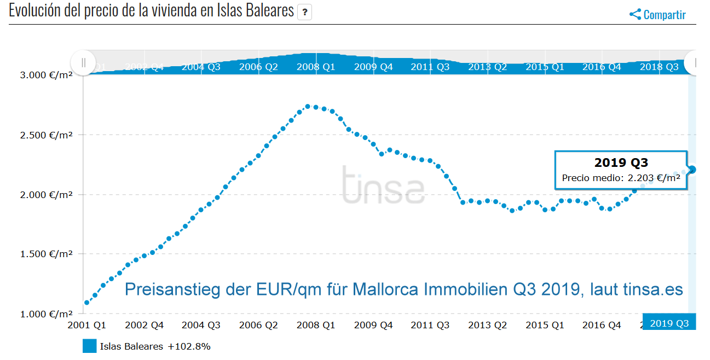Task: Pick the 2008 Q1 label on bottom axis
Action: point(316,325)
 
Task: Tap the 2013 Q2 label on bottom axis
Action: point(487,325)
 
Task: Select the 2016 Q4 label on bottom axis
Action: point(602,325)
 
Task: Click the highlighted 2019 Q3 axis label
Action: point(669,323)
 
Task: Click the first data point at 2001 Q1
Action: point(86,303)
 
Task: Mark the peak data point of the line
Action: point(308,106)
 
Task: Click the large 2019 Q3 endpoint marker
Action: point(692,170)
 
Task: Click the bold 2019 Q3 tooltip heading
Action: point(621,163)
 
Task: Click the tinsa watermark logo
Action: point(383,184)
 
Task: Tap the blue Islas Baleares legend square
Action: point(90,346)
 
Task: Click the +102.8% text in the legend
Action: point(189,346)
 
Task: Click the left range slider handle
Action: point(83,62)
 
